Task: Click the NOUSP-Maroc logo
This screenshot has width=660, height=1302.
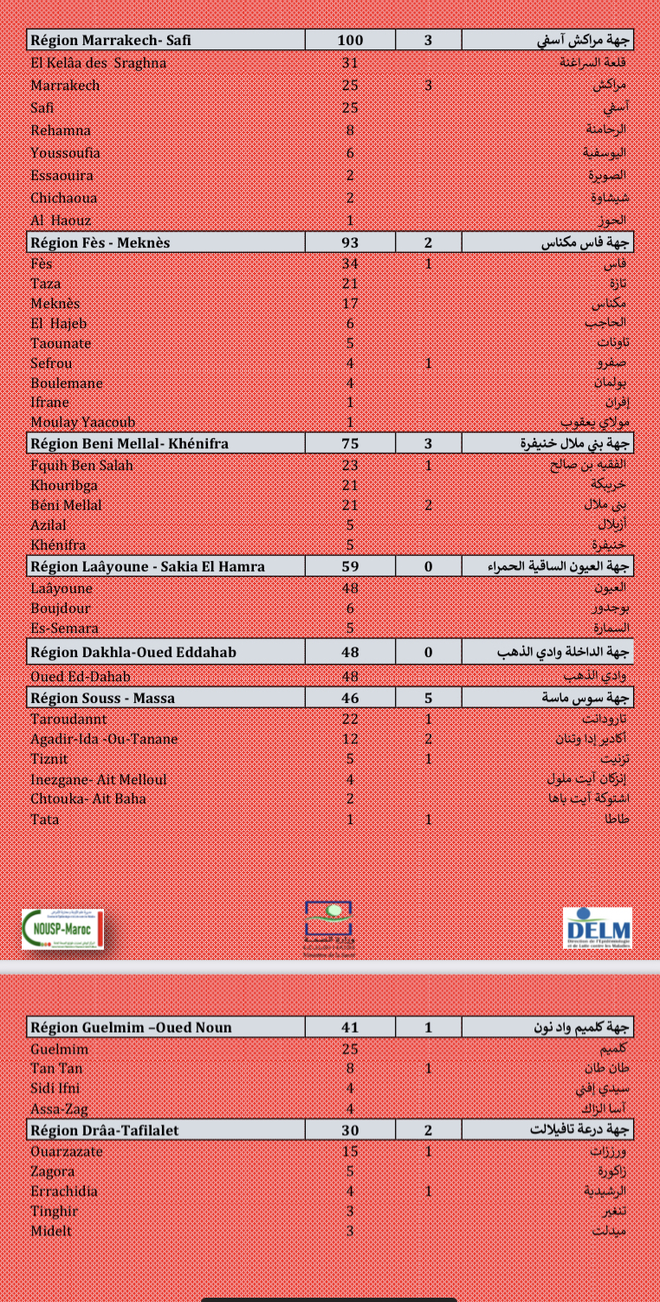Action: [62, 929]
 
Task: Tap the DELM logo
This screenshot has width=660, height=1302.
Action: [597, 928]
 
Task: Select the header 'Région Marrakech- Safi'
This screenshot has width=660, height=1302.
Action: [111, 40]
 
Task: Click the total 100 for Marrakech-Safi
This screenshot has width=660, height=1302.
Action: [350, 40]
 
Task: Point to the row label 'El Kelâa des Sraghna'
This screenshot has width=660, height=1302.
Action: [99, 62]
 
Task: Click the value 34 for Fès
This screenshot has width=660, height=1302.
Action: [350, 263]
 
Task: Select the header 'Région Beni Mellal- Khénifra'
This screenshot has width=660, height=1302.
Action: [130, 443]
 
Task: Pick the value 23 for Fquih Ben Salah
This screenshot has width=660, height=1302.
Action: [350, 466]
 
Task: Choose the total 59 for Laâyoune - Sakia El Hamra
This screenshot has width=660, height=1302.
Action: [350, 567]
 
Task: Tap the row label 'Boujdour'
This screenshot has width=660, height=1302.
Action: [61, 608]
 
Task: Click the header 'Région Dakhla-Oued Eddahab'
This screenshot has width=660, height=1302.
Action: [133, 652]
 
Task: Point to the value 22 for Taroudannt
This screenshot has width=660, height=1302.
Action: [350, 719]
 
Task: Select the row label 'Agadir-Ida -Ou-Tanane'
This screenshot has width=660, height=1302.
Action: [104, 739]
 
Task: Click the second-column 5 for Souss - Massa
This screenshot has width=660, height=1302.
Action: [428, 698]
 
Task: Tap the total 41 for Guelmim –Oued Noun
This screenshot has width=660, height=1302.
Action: [350, 1028]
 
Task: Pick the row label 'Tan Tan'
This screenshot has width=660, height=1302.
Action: [56, 1069]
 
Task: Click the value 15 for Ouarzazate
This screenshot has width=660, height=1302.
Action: [350, 1151]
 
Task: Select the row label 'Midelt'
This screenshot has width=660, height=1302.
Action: [51, 1231]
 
